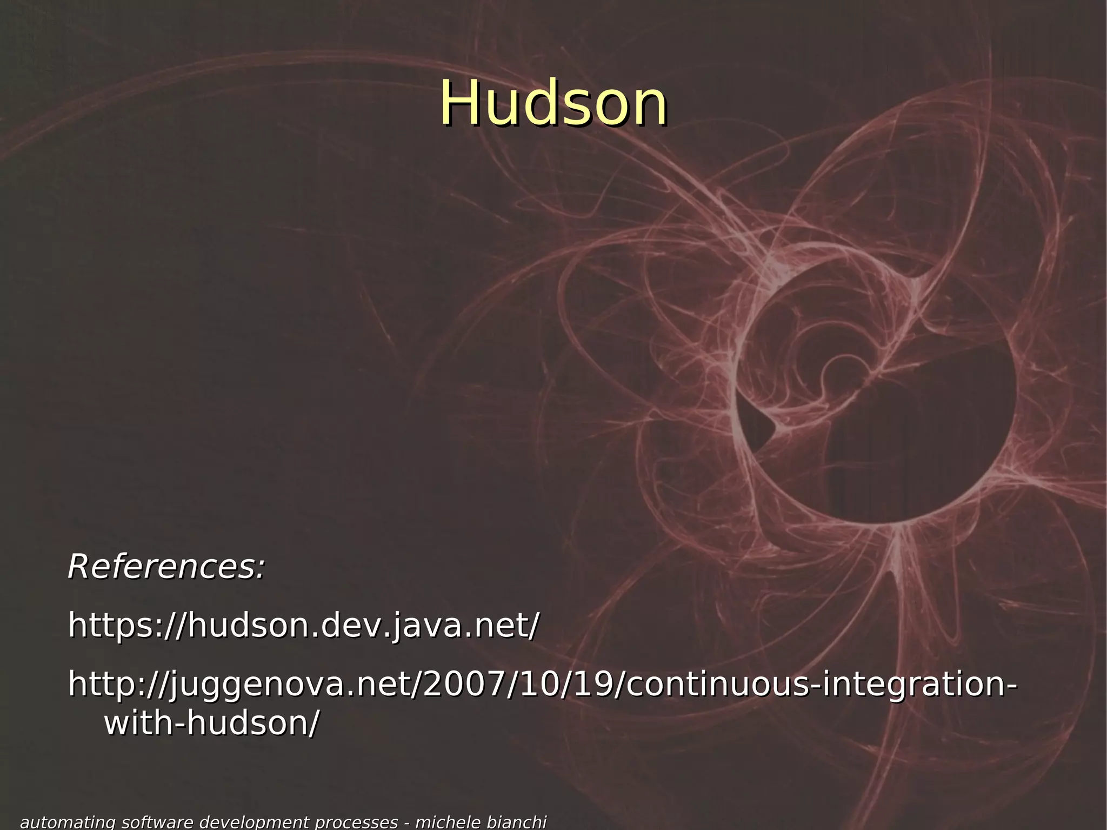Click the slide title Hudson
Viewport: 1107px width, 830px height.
[x=553, y=103]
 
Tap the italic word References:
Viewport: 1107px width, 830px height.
[x=166, y=567]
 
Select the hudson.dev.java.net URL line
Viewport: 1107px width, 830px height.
[x=303, y=626]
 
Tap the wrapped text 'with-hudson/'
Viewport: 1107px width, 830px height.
[x=211, y=723]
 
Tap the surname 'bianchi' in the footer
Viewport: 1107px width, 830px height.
[x=516, y=822]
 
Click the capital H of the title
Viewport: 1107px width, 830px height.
[x=458, y=103]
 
